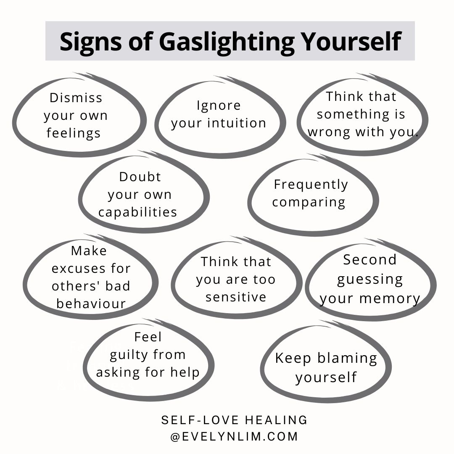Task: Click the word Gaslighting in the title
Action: click(x=227, y=42)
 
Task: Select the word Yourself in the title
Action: click(x=351, y=41)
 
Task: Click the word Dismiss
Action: click(x=76, y=98)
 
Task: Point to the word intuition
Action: click(x=237, y=123)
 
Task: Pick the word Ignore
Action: click(x=219, y=106)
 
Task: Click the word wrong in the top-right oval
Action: click(x=329, y=132)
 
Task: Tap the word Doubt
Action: click(x=140, y=177)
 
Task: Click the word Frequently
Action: click(x=311, y=185)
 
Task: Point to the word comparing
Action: click(x=309, y=202)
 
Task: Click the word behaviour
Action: click(x=91, y=304)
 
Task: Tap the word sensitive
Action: click(x=236, y=297)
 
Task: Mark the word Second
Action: click(x=370, y=260)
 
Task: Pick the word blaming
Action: click(x=348, y=359)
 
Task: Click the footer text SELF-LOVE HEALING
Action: click(x=234, y=420)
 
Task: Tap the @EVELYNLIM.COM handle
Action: click(x=234, y=437)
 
